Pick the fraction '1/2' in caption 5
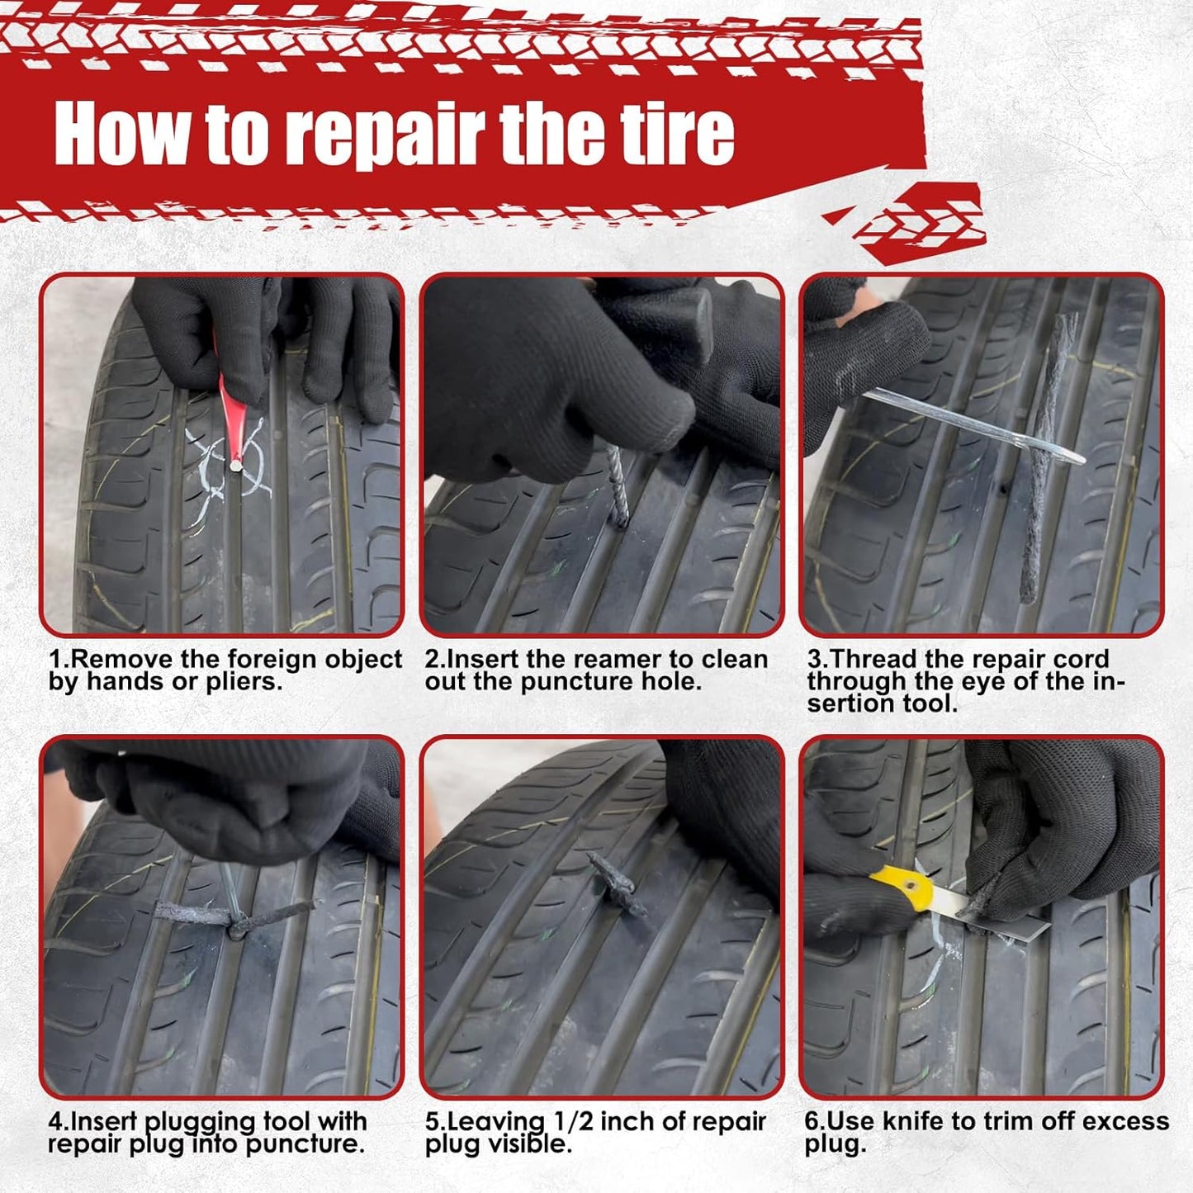(x=573, y=1122)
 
